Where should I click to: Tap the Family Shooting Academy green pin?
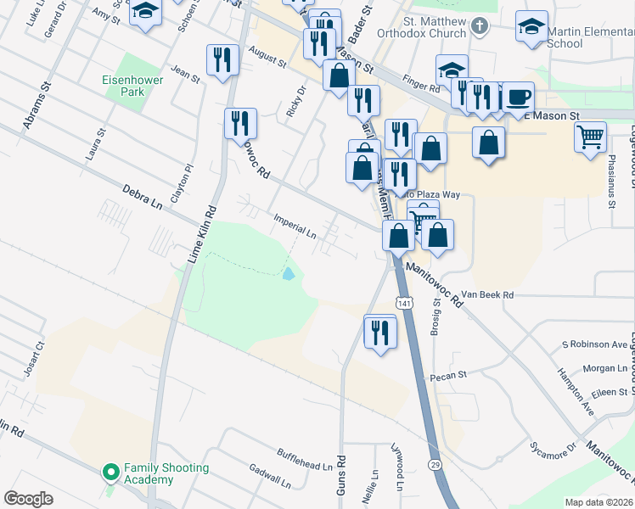pyautogui.click(x=110, y=472)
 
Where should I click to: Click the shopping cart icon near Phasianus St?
pyautogui.click(x=590, y=135)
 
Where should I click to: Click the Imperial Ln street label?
pyautogui.click(x=295, y=225)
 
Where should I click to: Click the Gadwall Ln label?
pyautogui.click(x=269, y=472)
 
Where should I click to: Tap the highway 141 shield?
pyautogui.click(x=404, y=303)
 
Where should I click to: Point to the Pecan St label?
pyautogui.click(x=450, y=374)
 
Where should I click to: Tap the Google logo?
pyautogui.click(x=29, y=499)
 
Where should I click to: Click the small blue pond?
pyautogui.click(x=289, y=274)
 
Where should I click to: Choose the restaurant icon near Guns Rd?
pyautogui.click(x=380, y=331)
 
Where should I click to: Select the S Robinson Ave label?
pyautogui.click(x=594, y=344)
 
